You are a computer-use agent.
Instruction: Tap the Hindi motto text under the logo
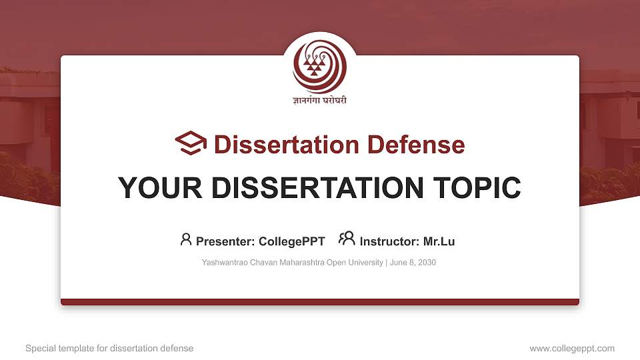[320, 101]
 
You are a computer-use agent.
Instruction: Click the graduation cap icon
[191, 143]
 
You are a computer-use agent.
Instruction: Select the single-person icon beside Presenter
[186, 239]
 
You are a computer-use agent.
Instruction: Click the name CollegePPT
[293, 241]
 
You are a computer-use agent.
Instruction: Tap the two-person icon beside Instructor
[347, 239]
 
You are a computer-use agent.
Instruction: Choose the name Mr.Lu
[439, 241]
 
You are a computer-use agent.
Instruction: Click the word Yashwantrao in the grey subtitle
[224, 263]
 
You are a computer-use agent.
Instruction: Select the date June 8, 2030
[413, 263]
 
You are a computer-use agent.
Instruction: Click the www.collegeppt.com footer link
[572, 349]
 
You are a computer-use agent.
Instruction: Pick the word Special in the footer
[39, 349]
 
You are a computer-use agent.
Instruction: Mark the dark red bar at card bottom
[320, 302]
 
